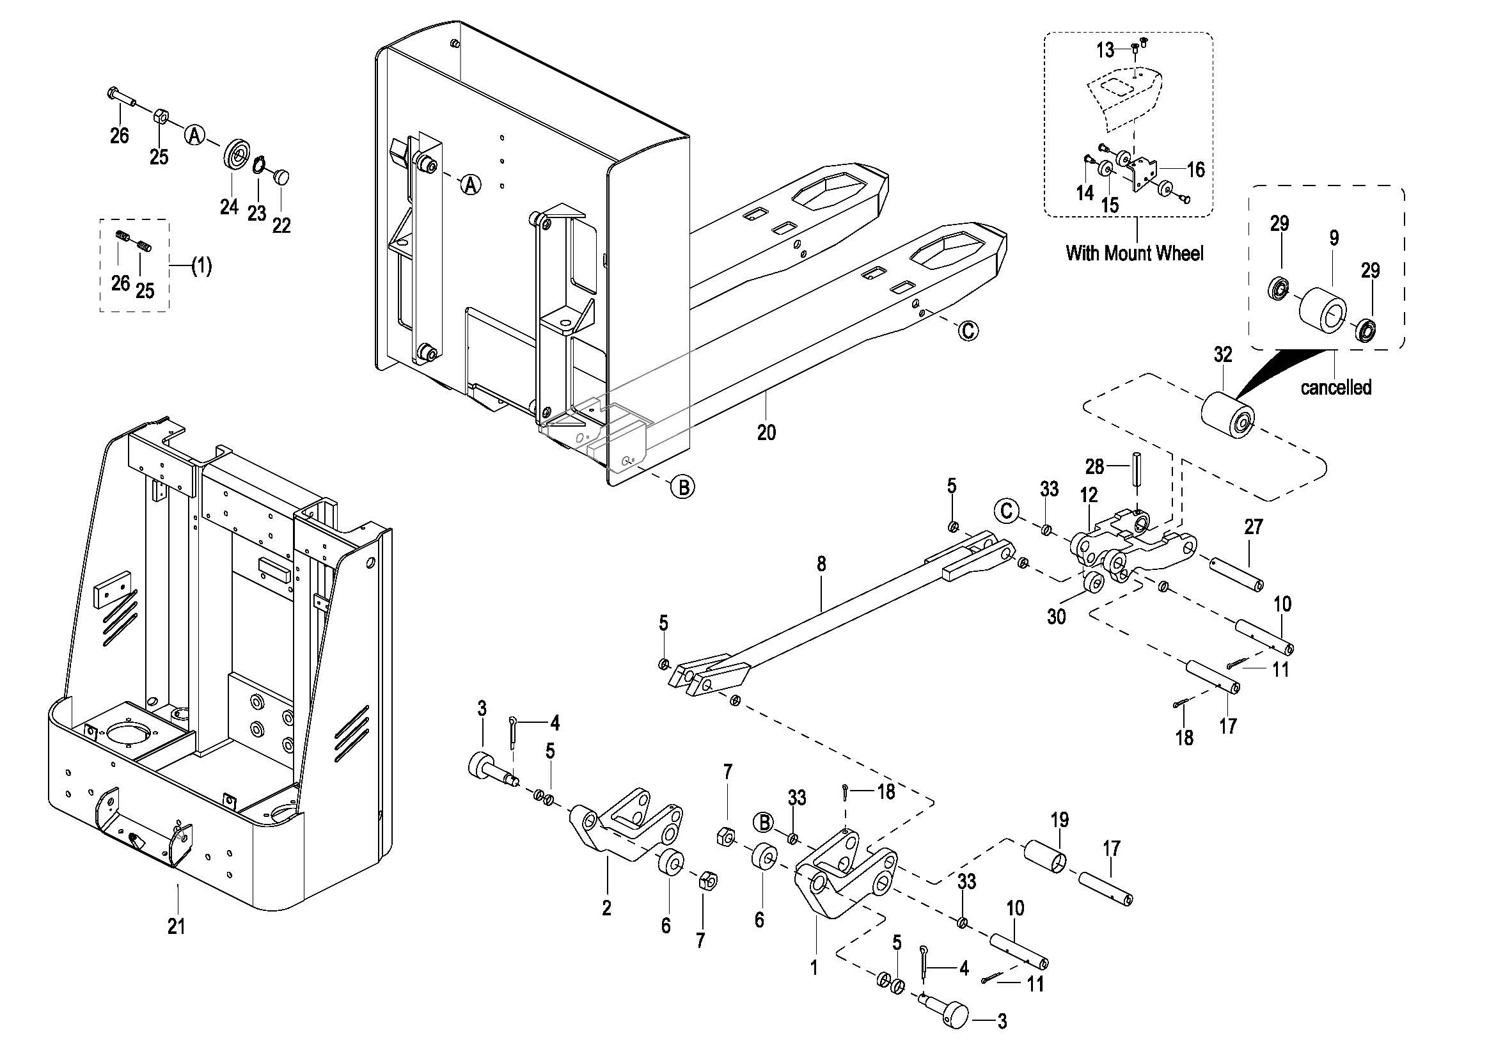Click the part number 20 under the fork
766,432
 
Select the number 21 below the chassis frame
177,926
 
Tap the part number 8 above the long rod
821,564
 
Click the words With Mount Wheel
1135,253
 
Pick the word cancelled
1335,387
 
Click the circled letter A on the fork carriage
471,184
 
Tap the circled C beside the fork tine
969,331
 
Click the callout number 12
1089,495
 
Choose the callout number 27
1254,526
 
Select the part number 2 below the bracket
606,908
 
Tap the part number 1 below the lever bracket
814,967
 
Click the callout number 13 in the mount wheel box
1105,49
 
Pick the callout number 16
1195,170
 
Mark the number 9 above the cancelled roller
1334,239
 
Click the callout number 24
229,207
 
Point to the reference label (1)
201,266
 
